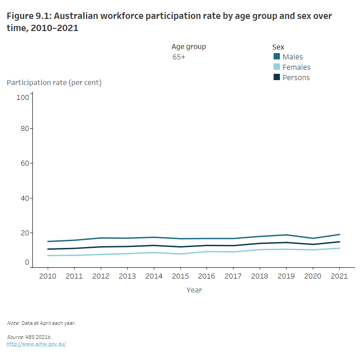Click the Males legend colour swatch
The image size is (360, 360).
click(x=277, y=57)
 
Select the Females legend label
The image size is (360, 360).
click(x=297, y=67)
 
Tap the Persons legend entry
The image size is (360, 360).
click(x=296, y=77)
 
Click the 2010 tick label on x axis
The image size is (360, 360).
click(x=48, y=276)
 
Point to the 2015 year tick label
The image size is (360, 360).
click(x=180, y=276)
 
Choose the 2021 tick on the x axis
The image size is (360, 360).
click(x=340, y=276)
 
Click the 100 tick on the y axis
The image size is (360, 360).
click(x=22, y=97)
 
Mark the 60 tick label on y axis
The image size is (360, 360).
click(x=24, y=163)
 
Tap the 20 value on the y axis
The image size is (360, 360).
click(x=24, y=233)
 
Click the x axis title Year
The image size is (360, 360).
click(x=194, y=290)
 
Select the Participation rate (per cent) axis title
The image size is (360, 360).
click(x=54, y=82)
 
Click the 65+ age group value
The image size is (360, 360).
click(x=179, y=57)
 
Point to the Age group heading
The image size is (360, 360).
click(x=189, y=46)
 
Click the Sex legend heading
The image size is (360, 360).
click(x=278, y=47)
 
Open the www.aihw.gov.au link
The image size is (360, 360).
click(x=36, y=344)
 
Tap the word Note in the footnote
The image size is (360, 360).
click(x=13, y=323)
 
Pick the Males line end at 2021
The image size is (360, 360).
click(x=340, y=234)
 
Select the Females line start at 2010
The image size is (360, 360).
click(x=48, y=256)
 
